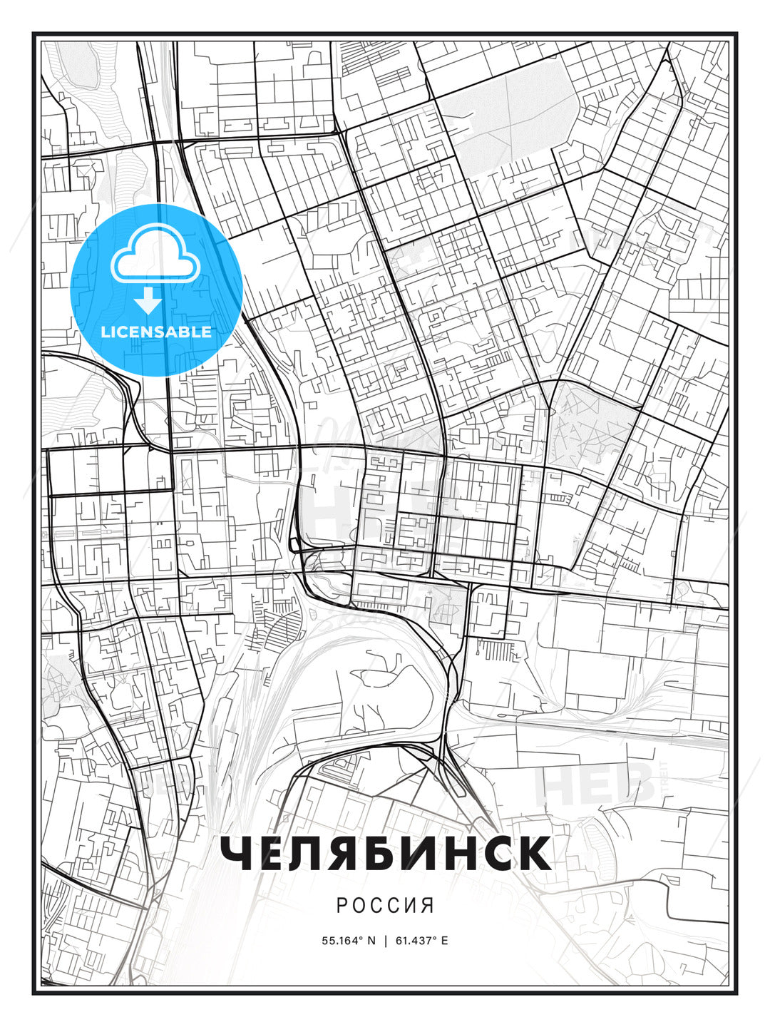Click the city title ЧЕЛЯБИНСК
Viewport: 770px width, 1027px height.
click(385, 853)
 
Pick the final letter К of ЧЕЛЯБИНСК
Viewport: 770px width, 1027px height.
click(534, 853)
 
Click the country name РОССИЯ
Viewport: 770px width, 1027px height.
click(385, 905)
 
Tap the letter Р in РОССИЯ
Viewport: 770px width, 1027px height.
click(341, 905)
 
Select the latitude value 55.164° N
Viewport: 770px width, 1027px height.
click(348, 940)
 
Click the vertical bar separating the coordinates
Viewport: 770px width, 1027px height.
click(385, 940)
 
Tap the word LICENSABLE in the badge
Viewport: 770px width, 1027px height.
click(156, 332)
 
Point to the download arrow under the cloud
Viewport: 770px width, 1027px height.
click(148, 302)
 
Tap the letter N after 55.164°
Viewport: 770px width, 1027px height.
click(371, 940)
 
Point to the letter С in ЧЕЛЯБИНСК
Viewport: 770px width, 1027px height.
click(496, 853)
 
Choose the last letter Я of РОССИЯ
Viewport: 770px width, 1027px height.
click(428, 905)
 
